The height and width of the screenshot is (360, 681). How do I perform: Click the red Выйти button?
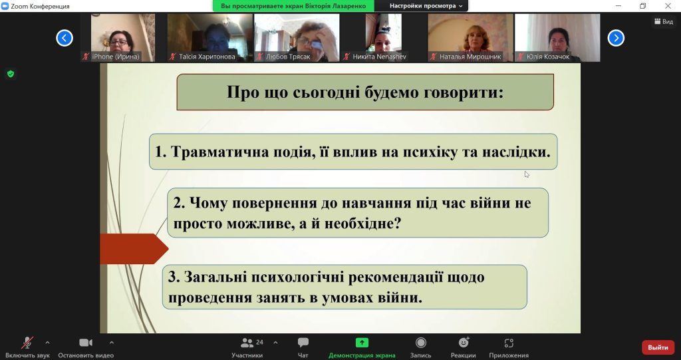[x=658, y=347]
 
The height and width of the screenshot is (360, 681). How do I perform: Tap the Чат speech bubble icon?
[x=303, y=343]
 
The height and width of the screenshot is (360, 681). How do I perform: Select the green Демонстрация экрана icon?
[x=362, y=343]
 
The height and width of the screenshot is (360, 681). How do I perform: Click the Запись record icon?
[x=420, y=343]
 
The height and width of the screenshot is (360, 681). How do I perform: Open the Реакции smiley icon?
[x=464, y=342]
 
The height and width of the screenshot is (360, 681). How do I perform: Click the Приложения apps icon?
[x=509, y=343]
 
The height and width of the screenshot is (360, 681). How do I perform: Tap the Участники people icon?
[x=247, y=343]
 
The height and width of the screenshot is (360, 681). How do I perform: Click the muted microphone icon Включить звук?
[x=27, y=343]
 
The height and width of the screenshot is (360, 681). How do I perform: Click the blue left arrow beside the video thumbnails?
[x=65, y=38]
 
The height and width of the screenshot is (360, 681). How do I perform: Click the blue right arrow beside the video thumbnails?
[x=616, y=38]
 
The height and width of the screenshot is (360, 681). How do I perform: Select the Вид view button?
[x=664, y=21]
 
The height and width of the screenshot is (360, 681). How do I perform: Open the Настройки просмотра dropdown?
[x=426, y=6]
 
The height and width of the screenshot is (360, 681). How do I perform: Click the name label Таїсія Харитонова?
[x=207, y=57]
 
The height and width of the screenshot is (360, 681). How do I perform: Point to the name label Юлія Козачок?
[x=548, y=57]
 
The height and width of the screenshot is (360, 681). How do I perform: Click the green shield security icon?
[x=11, y=74]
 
